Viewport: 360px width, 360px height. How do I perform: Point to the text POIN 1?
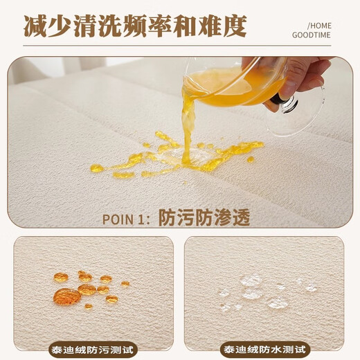[x=126, y=219]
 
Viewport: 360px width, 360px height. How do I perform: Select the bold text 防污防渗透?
[x=204, y=218]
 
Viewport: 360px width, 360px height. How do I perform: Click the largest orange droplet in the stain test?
[x=67, y=296]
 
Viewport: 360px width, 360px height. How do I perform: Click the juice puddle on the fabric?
[x=180, y=156]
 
